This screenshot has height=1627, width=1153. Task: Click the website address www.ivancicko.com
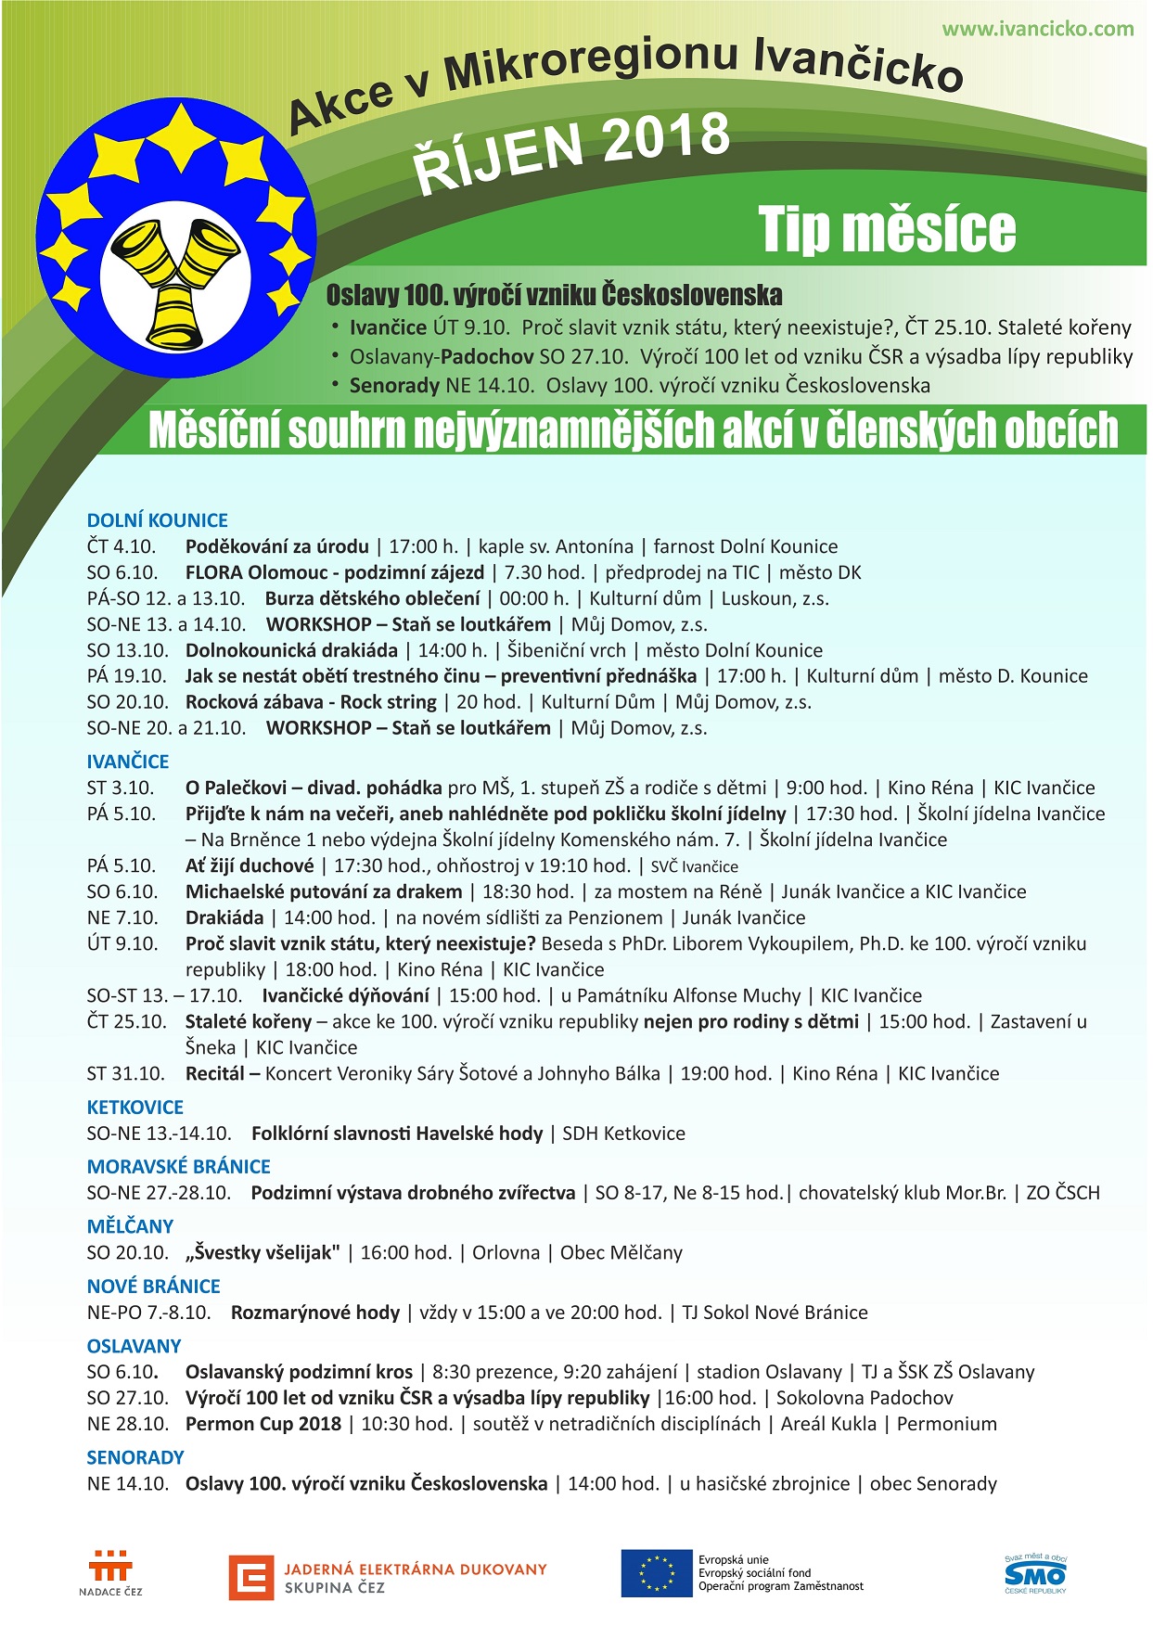click(x=1037, y=29)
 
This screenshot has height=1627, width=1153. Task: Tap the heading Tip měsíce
click(x=887, y=229)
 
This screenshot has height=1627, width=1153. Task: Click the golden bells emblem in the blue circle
click(x=175, y=279)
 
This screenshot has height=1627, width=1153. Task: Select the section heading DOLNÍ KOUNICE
click(x=157, y=520)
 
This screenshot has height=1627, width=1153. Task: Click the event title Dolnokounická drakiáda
click(x=291, y=650)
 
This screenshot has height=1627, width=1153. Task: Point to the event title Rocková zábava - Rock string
click(x=311, y=702)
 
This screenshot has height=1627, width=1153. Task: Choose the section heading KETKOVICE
click(x=135, y=1107)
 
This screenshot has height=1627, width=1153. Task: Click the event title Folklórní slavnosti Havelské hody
click(x=397, y=1134)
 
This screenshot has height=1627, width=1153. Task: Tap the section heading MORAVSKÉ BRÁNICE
click(x=179, y=1167)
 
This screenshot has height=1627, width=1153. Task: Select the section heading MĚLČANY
click(x=130, y=1226)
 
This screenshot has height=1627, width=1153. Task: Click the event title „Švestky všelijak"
click(x=263, y=1253)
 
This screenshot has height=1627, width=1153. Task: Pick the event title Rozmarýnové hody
click(x=315, y=1313)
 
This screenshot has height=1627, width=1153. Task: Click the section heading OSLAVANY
click(x=134, y=1346)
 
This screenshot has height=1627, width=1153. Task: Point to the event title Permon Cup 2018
click(x=263, y=1424)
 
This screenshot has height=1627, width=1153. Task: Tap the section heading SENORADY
click(x=135, y=1457)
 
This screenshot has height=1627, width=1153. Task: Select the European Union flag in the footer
click(x=657, y=1573)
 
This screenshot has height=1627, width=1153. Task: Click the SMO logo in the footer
click(x=1035, y=1574)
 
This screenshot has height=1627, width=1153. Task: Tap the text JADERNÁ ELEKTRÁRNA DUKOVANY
click(x=416, y=1569)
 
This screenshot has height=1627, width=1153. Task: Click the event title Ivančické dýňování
click(x=345, y=996)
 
